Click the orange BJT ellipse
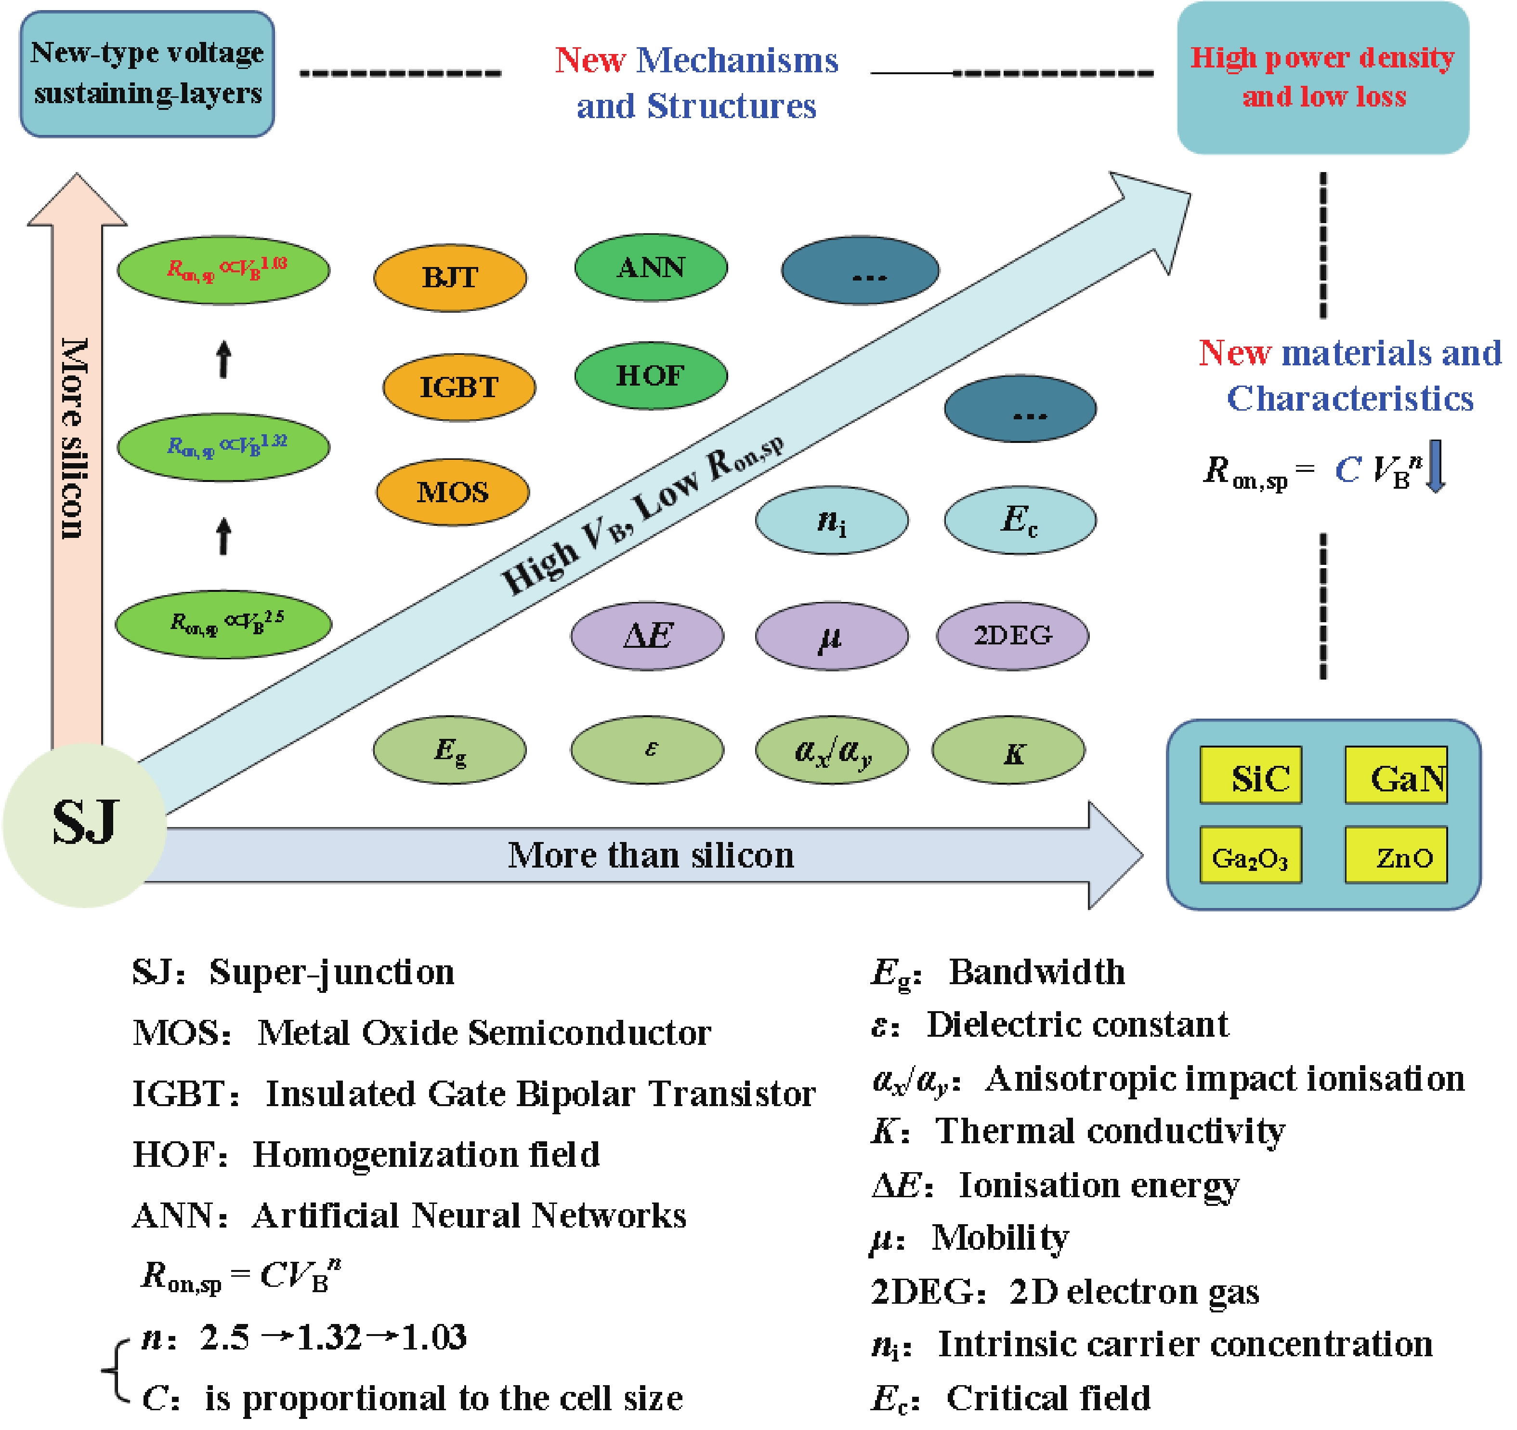(450, 277)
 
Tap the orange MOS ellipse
(453, 492)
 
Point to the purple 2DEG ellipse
(1013, 635)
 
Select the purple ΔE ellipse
(647, 635)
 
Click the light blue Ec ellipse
(1020, 520)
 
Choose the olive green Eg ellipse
(449, 750)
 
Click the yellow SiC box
(1251, 775)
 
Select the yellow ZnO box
(1396, 855)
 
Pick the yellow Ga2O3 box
(1251, 855)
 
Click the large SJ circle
(85, 825)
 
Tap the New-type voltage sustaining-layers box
(147, 74)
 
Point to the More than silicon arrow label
(651, 855)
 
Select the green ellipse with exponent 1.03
(223, 269)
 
